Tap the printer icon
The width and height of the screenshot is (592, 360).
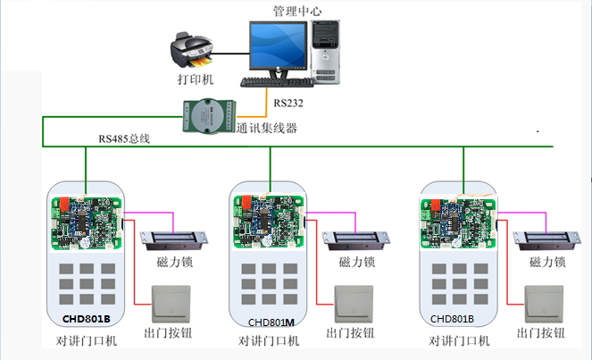pyautogui.click(x=188, y=53)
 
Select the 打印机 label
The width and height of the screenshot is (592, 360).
pyautogui.click(x=196, y=80)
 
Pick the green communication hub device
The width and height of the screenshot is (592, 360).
pyautogui.click(x=205, y=117)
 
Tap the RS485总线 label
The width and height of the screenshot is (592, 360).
pyautogui.click(x=125, y=138)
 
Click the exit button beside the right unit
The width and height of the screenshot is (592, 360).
pyautogui.click(x=544, y=304)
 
